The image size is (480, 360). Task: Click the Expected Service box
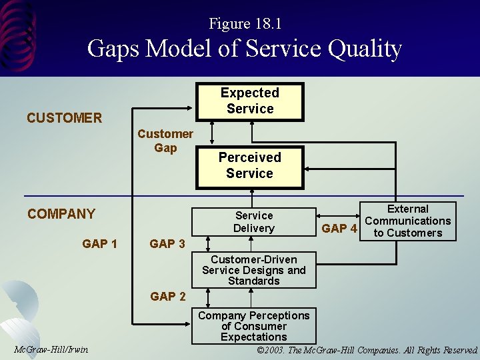(x=250, y=101)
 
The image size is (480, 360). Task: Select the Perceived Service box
(x=249, y=165)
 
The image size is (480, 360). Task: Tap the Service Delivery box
(x=253, y=221)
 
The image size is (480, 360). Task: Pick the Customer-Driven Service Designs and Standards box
(x=253, y=270)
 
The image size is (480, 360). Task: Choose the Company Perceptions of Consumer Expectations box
(x=253, y=326)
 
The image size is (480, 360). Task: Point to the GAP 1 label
(x=99, y=244)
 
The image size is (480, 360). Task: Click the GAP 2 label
(x=167, y=297)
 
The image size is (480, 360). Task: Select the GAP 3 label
(x=167, y=244)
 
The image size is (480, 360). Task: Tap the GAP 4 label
(x=339, y=229)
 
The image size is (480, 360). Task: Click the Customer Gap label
(x=165, y=141)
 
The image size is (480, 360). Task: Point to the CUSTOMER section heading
(x=64, y=118)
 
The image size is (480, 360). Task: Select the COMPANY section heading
(x=61, y=214)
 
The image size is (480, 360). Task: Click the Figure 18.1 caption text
(x=245, y=24)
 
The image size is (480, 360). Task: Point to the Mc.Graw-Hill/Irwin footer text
(x=51, y=349)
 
